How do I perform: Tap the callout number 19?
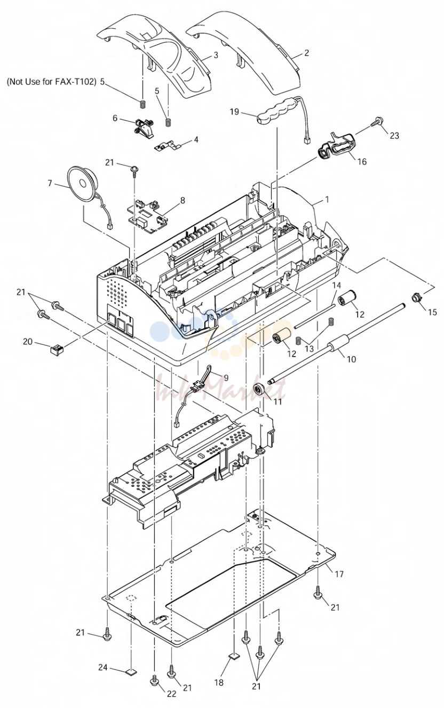click(x=234, y=112)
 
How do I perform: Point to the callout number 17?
click(x=339, y=573)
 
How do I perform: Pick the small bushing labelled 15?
click(x=417, y=297)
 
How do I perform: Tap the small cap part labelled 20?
click(x=57, y=350)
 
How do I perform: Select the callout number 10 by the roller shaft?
click(x=351, y=359)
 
